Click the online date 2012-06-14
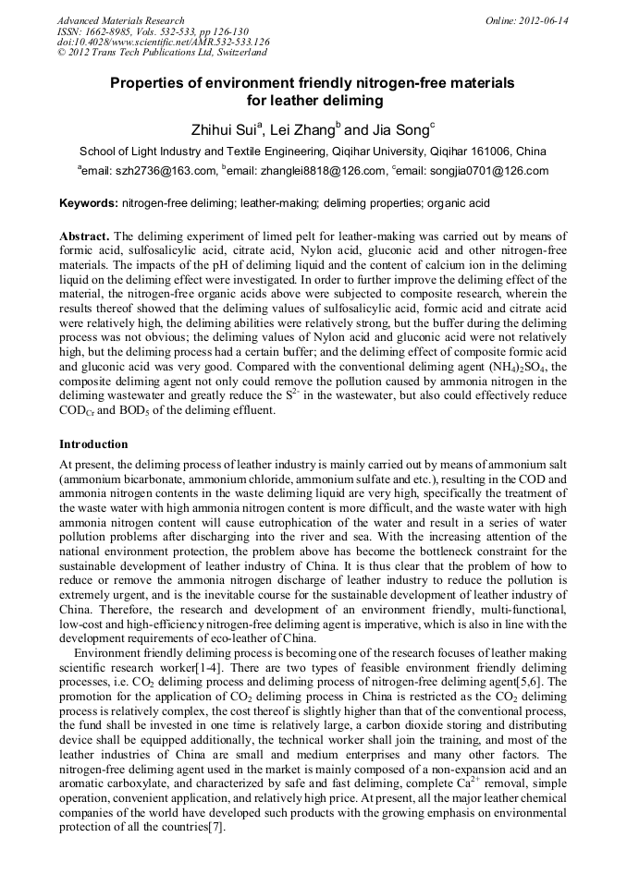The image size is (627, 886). coord(539,20)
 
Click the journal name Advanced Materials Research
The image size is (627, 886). coord(120,20)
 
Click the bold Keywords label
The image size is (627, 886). coord(89,202)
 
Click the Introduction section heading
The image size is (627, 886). coord(94,444)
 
